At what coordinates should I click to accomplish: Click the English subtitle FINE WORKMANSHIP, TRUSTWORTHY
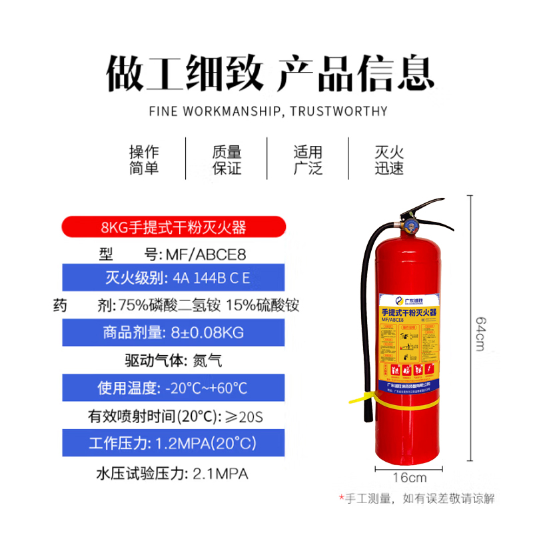point(266,111)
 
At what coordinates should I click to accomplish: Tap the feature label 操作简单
point(144,160)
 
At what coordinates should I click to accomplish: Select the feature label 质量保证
point(227,160)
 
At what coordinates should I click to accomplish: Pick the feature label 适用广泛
point(308,160)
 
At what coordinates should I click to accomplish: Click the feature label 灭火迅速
point(389,160)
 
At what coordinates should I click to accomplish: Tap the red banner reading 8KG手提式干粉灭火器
point(173,227)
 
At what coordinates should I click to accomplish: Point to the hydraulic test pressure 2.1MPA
point(220,474)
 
